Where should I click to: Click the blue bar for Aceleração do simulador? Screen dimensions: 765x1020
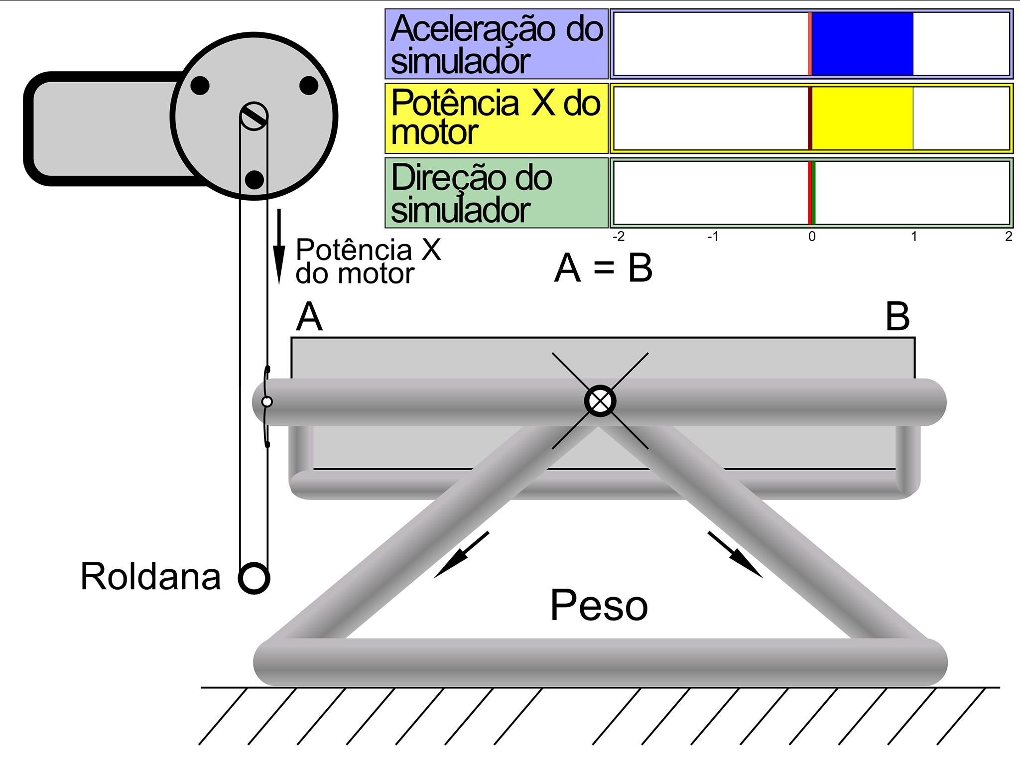pyautogui.click(x=862, y=44)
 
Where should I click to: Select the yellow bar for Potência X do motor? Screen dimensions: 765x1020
pyautogui.click(x=862, y=119)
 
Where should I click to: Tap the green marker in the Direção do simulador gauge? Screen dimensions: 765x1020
pyautogui.click(x=812, y=193)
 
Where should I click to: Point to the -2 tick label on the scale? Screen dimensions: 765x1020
pyautogui.click(x=618, y=237)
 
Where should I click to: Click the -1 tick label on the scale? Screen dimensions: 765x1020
pyautogui.click(x=713, y=237)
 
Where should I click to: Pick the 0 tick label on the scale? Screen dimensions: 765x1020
pyautogui.click(x=812, y=237)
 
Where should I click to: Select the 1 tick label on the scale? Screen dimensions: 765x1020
pyautogui.click(x=914, y=237)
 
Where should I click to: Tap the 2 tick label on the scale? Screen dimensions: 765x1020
pyautogui.click(x=1009, y=237)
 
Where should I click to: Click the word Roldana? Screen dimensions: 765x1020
pyautogui.click(x=150, y=577)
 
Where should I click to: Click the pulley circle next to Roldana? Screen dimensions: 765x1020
pyautogui.click(x=254, y=578)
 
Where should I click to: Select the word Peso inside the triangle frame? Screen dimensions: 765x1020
pyautogui.click(x=599, y=606)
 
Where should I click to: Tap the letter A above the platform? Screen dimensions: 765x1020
pyautogui.click(x=309, y=317)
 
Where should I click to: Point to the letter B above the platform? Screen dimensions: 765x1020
pyautogui.click(x=897, y=317)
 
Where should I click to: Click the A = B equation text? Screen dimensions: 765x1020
pyautogui.click(x=603, y=268)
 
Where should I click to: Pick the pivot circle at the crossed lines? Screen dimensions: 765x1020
pyautogui.click(x=600, y=401)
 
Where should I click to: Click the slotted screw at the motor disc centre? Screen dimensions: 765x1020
pyautogui.click(x=254, y=117)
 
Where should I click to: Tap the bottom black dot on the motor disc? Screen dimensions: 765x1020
pyautogui.click(x=255, y=180)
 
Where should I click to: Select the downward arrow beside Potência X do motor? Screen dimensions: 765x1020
pyautogui.click(x=279, y=247)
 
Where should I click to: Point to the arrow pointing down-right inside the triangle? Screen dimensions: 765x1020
pyautogui.click(x=735, y=554)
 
